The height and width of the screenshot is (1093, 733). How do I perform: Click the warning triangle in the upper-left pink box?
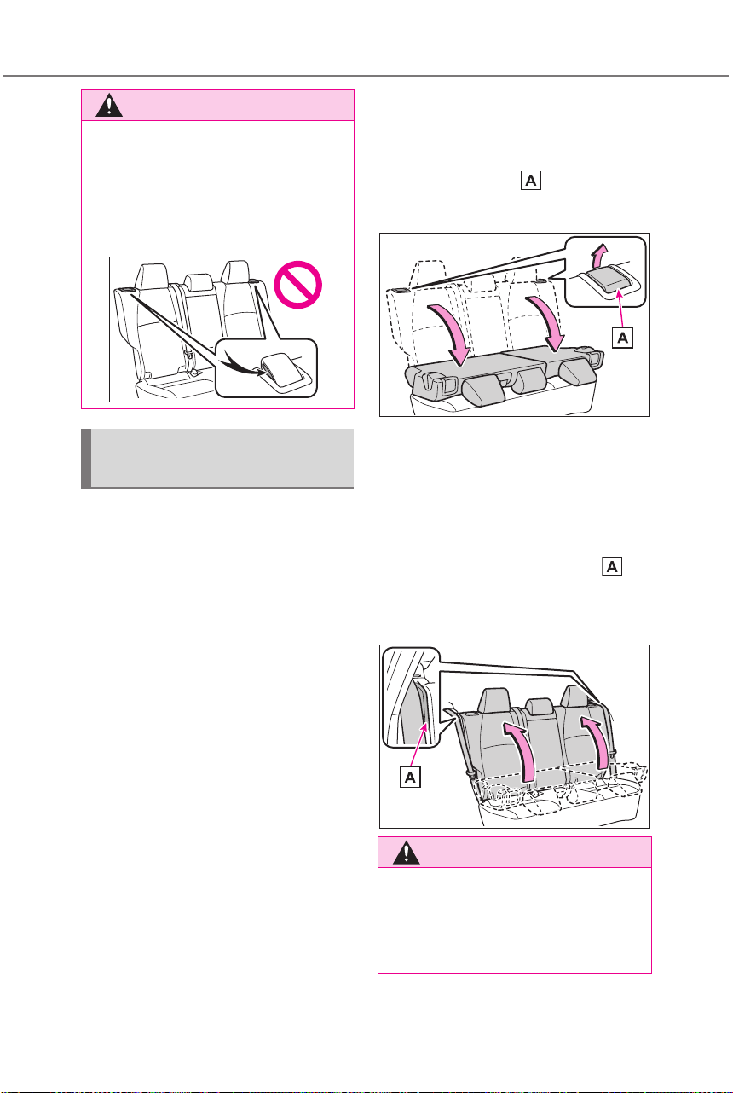pyautogui.click(x=109, y=106)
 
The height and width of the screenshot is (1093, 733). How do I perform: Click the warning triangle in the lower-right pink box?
pyautogui.click(x=406, y=853)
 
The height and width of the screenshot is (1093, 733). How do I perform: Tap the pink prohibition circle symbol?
pyautogui.click(x=298, y=285)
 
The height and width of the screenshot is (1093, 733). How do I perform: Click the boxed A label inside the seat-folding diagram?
pyautogui.click(x=622, y=338)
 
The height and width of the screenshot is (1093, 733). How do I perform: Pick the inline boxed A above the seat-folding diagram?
pyautogui.click(x=531, y=181)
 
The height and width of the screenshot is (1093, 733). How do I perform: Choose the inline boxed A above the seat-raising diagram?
pyautogui.click(x=612, y=566)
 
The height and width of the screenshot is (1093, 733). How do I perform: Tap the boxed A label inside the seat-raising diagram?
pyautogui.click(x=410, y=777)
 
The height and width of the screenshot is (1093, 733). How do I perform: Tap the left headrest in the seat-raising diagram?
pyautogui.click(x=494, y=701)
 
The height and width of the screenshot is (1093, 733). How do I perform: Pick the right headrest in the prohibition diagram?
pyautogui.click(x=237, y=272)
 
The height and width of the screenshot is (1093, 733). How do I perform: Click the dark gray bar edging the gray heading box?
pyautogui.click(x=86, y=458)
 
